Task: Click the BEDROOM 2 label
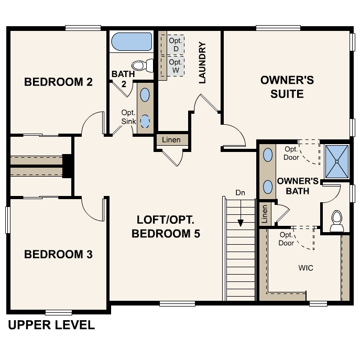tap(59, 82)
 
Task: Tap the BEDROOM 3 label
tap(59, 255)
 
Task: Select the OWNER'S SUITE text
tap(287, 87)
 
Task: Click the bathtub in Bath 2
tap(131, 41)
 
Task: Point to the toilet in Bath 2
tap(141, 66)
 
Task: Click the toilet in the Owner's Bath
tap(337, 221)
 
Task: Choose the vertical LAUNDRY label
tap(202, 62)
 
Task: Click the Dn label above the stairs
tap(240, 192)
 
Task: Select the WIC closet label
tap(306, 268)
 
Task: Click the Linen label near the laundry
tap(171, 140)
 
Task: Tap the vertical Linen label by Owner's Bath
tap(265, 214)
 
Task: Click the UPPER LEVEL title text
tap(51, 325)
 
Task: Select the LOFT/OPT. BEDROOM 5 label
tap(166, 226)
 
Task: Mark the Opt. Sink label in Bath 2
tap(128, 117)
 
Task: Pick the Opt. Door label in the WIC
tap(286, 239)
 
